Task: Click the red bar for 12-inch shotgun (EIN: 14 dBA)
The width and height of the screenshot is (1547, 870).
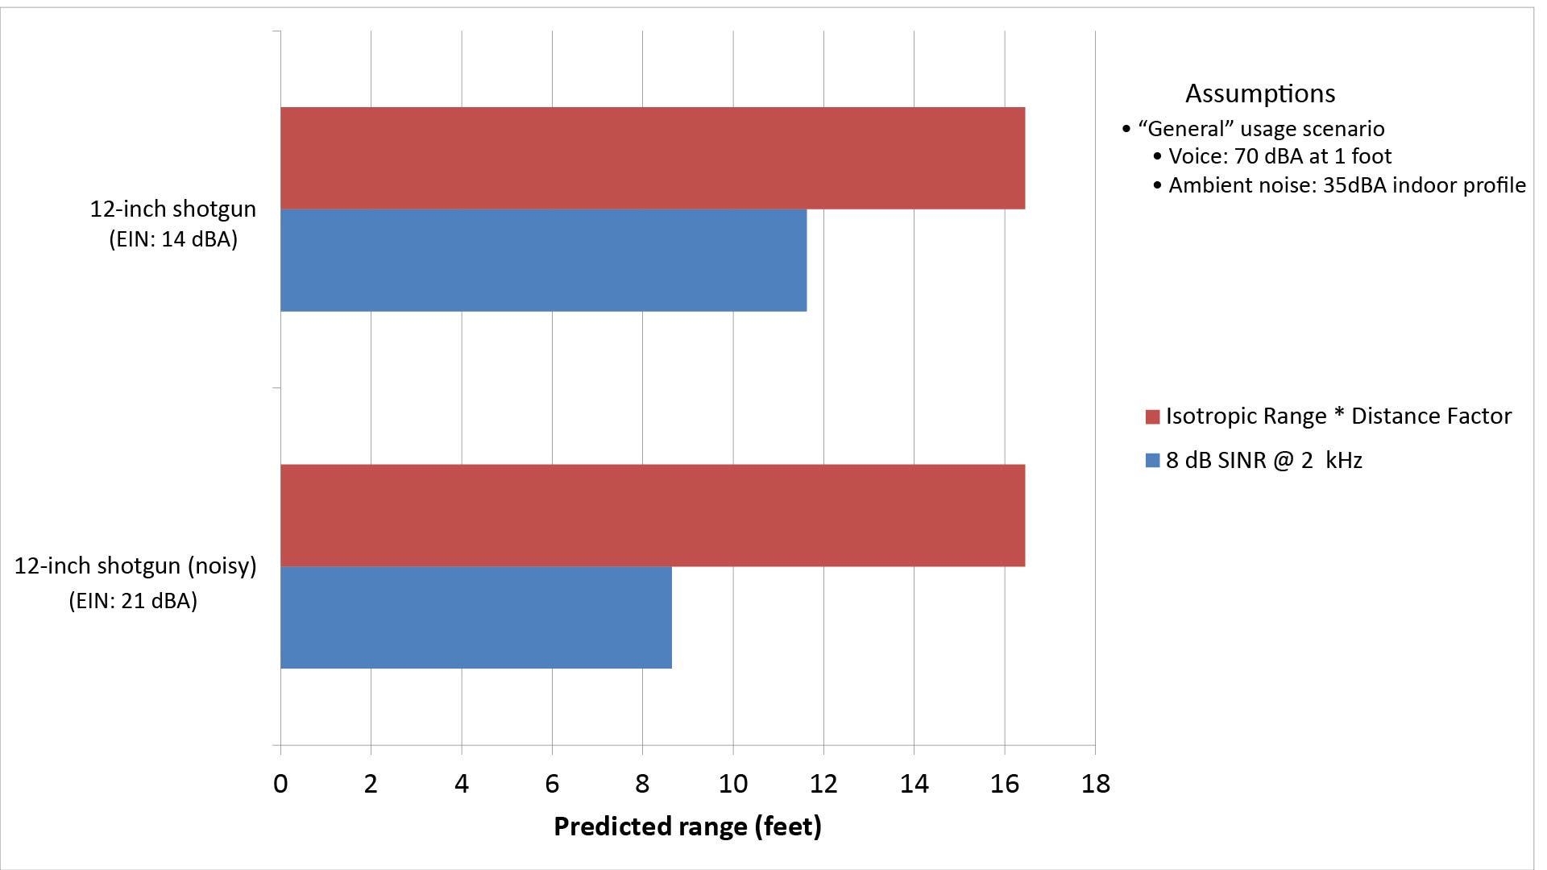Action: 653,158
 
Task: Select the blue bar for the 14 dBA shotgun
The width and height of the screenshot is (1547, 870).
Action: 543,260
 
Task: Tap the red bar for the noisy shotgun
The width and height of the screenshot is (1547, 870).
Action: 653,516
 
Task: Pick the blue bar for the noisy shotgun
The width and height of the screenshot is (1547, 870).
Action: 475,617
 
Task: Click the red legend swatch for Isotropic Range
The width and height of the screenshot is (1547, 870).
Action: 1152,416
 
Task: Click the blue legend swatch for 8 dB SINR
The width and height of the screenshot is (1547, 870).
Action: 1152,461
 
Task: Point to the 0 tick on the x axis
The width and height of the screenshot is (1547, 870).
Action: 280,784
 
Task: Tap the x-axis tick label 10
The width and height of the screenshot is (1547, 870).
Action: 732,784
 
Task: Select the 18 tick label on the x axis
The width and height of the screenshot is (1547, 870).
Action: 1095,784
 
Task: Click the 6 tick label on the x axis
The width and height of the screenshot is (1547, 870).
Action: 552,784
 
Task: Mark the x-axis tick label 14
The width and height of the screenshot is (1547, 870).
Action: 914,784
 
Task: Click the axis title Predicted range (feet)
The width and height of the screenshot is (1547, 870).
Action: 687,826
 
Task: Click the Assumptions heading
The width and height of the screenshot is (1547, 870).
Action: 1260,93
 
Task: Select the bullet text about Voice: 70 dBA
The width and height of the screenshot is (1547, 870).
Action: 1279,156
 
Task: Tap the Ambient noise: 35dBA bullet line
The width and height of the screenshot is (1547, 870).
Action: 1346,185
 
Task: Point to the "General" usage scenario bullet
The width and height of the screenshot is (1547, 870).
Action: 1260,129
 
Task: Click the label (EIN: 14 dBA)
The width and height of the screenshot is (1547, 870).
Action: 173,239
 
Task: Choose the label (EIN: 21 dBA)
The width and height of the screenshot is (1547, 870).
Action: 133,601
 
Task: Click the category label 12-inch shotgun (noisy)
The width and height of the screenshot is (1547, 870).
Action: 135,565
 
